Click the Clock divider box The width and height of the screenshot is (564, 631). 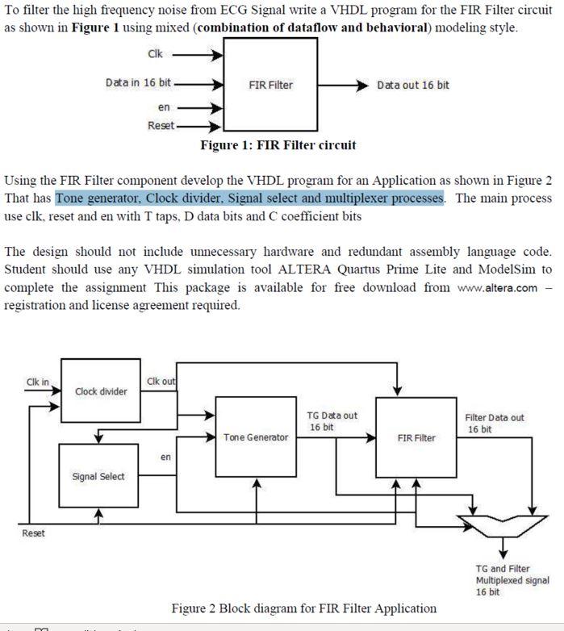click(x=100, y=392)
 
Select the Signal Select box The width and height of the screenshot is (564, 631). click(x=98, y=476)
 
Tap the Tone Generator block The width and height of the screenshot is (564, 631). click(x=255, y=437)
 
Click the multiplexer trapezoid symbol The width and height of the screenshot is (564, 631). click(x=500, y=525)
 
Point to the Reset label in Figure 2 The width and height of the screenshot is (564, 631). click(x=33, y=533)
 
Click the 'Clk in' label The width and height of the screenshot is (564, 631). click(x=37, y=382)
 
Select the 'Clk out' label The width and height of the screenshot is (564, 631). click(x=161, y=381)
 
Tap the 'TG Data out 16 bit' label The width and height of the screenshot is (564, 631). click(x=332, y=421)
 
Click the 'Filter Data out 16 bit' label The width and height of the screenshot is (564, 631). click(x=494, y=424)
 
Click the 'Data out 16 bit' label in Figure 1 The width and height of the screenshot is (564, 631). click(x=413, y=85)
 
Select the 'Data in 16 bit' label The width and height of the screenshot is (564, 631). click(x=138, y=82)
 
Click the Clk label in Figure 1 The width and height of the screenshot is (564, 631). click(x=155, y=54)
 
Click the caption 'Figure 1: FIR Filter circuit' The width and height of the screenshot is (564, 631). click(x=278, y=145)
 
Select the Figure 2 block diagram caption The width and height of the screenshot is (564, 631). click(x=303, y=608)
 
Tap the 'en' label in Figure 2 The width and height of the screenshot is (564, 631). click(x=165, y=458)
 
